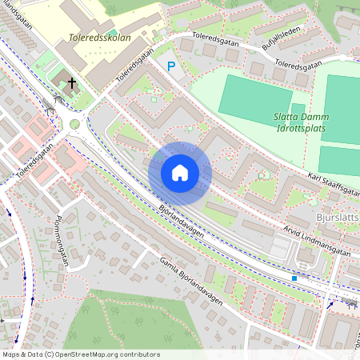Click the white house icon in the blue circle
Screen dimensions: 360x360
tap(180, 173)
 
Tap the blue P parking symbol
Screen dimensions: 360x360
tap(170, 67)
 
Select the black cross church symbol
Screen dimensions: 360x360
tap(72, 83)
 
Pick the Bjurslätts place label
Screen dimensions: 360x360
tap(335, 217)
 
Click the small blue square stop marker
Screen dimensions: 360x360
tap(294, 278)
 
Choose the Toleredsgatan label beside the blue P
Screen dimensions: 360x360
tap(134, 67)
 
